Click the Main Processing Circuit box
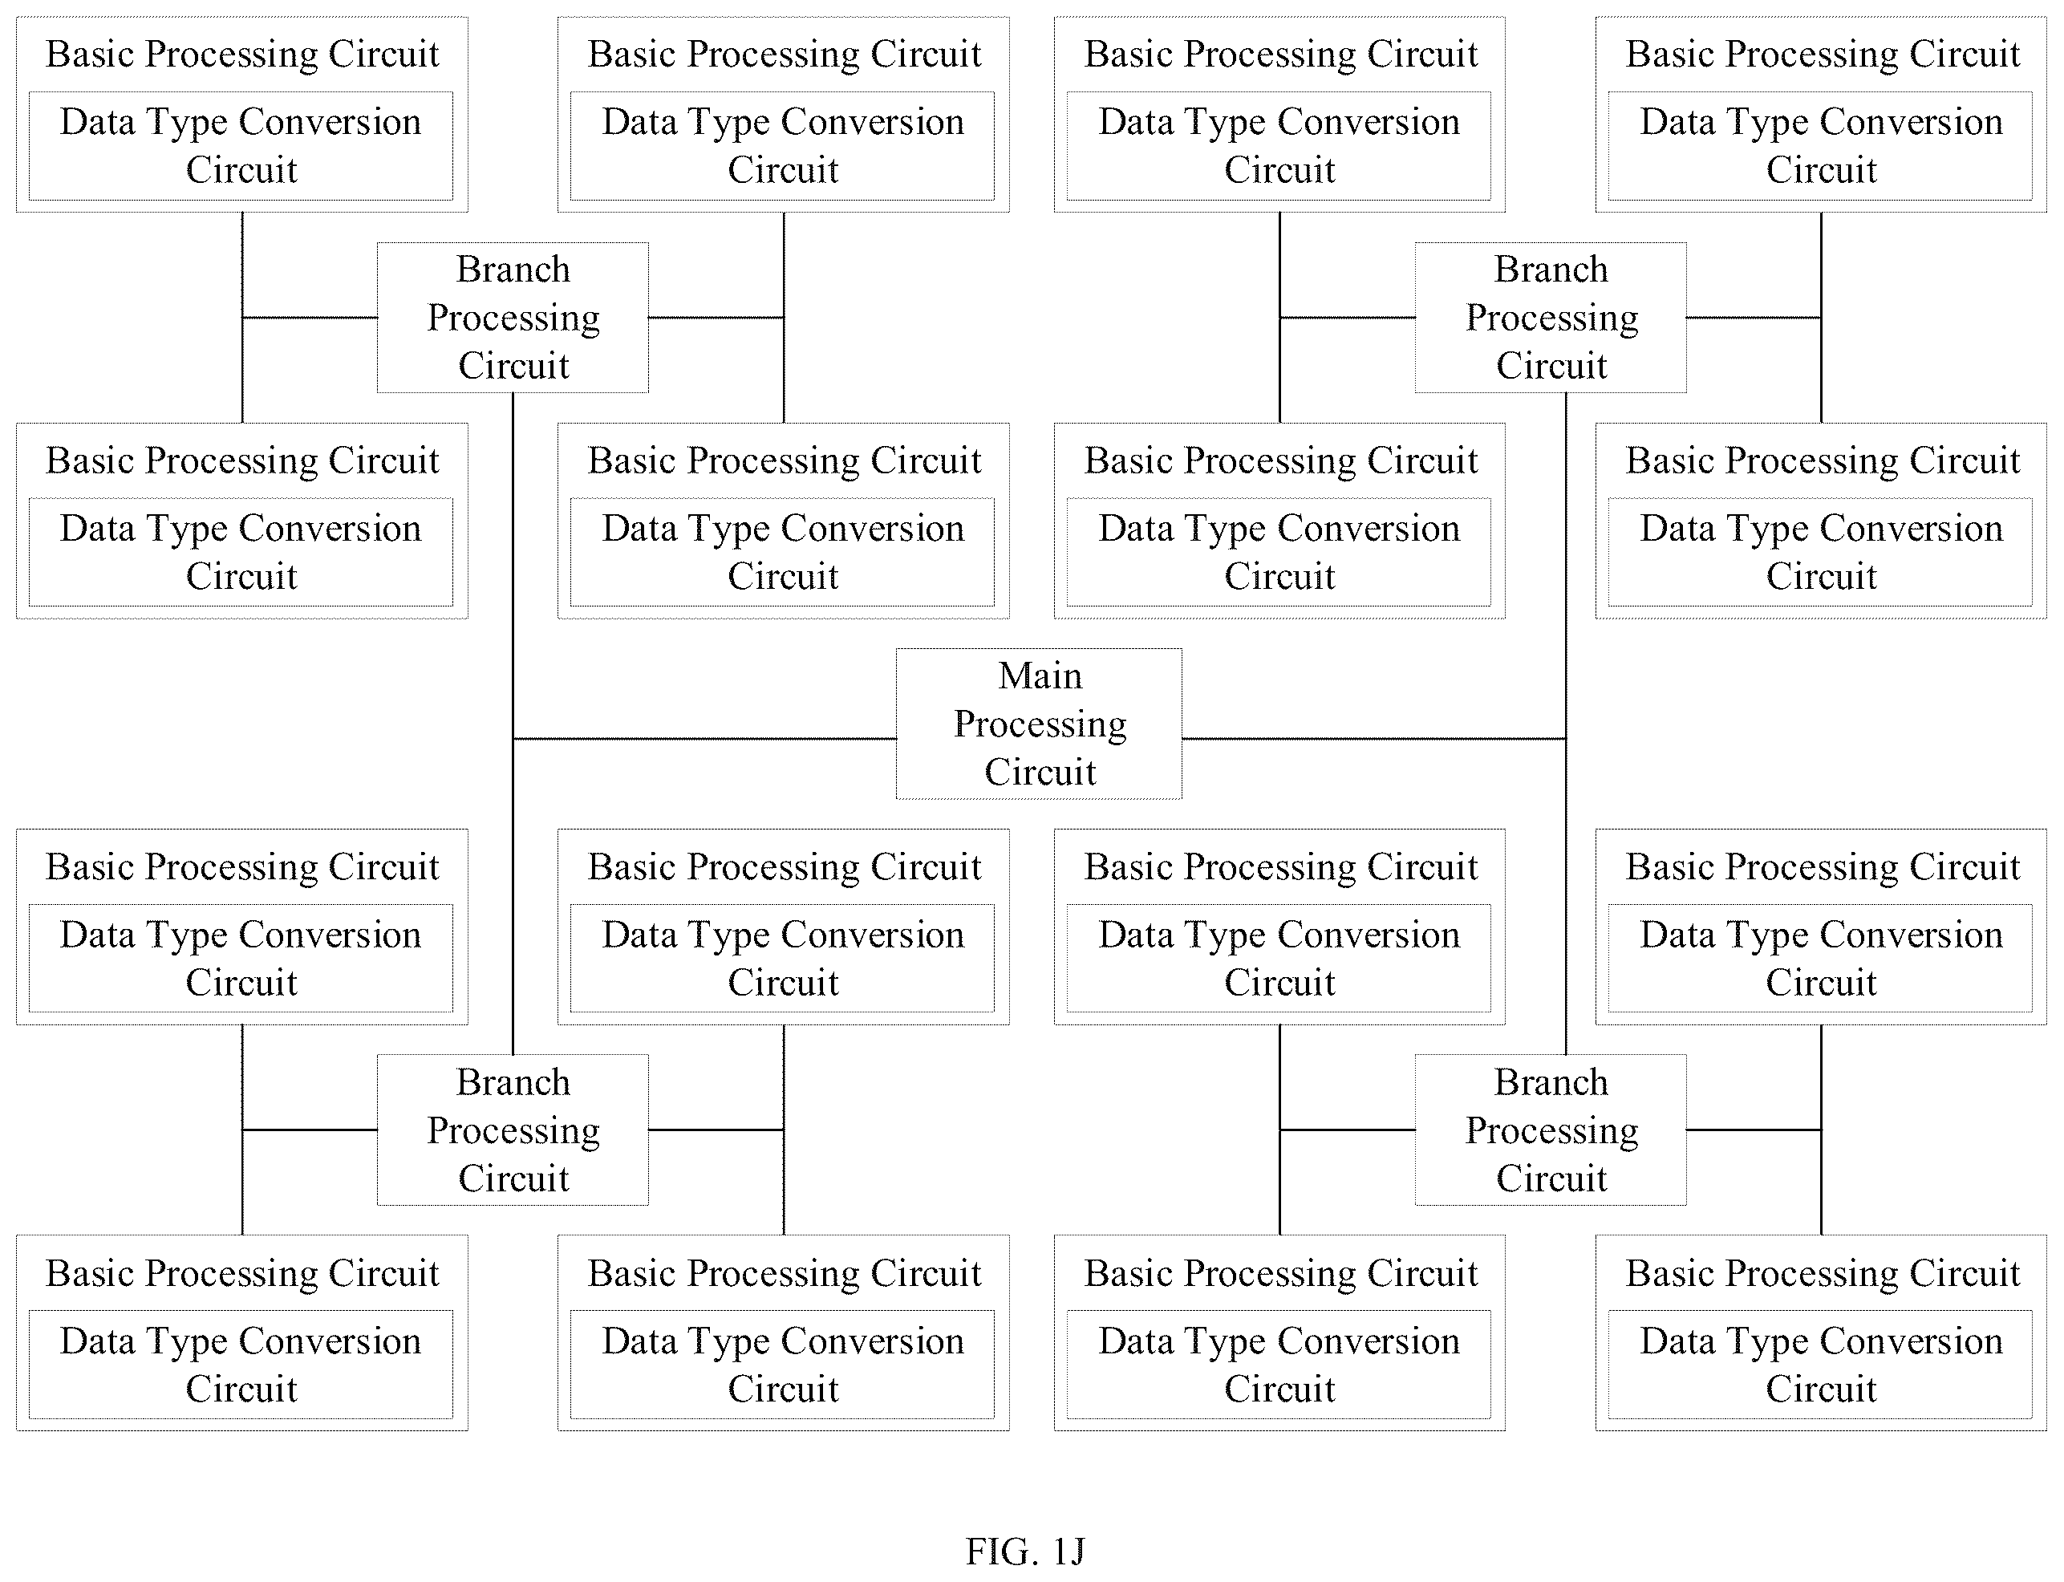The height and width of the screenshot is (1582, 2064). point(1039,723)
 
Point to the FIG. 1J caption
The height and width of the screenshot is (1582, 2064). point(1025,1550)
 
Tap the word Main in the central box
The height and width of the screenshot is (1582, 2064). point(1040,675)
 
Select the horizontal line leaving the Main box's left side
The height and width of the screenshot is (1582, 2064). point(704,738)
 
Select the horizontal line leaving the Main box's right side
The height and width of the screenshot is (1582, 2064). point(1374,738)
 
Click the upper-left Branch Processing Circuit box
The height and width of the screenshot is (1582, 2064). point(513,318)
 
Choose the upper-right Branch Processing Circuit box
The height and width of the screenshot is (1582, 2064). point(1550,318)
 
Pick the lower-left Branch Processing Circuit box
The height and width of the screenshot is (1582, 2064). point(513,1129)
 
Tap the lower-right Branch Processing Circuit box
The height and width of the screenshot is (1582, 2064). point(1550,1129)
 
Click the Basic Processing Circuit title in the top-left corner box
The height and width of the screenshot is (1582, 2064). point(242,55)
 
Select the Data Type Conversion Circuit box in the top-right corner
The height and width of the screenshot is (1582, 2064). point(1820,145)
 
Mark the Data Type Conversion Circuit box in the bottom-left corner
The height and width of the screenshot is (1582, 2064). point(240,1364)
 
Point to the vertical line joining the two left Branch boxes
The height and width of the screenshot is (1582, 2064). point(513,723)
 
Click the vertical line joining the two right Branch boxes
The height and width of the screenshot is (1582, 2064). point(1566,723)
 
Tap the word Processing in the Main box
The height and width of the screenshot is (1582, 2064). point(1040,725)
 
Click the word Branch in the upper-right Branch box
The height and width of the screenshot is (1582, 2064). point(1551,270)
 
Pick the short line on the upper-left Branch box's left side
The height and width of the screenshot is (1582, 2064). point(310,318)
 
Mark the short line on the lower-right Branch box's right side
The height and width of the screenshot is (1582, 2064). point(1754,1129)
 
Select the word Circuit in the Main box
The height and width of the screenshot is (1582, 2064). point(1040,773)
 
